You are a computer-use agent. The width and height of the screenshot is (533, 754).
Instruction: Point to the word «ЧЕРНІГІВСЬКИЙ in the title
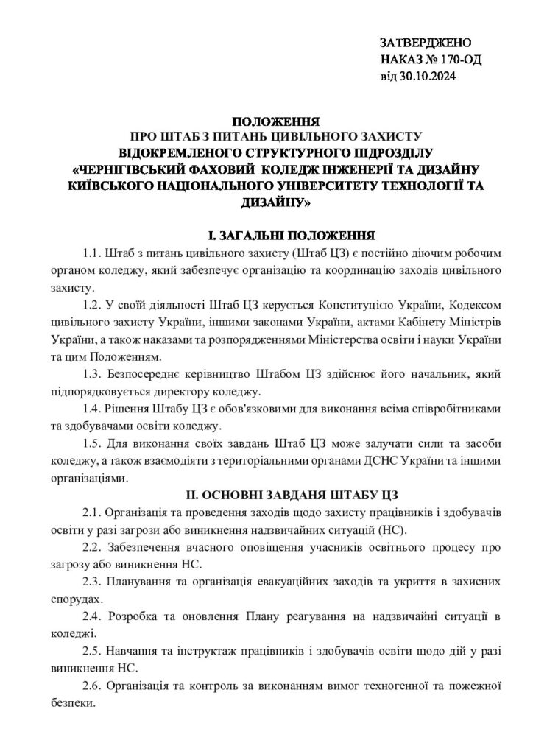[x=134, y=169]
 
